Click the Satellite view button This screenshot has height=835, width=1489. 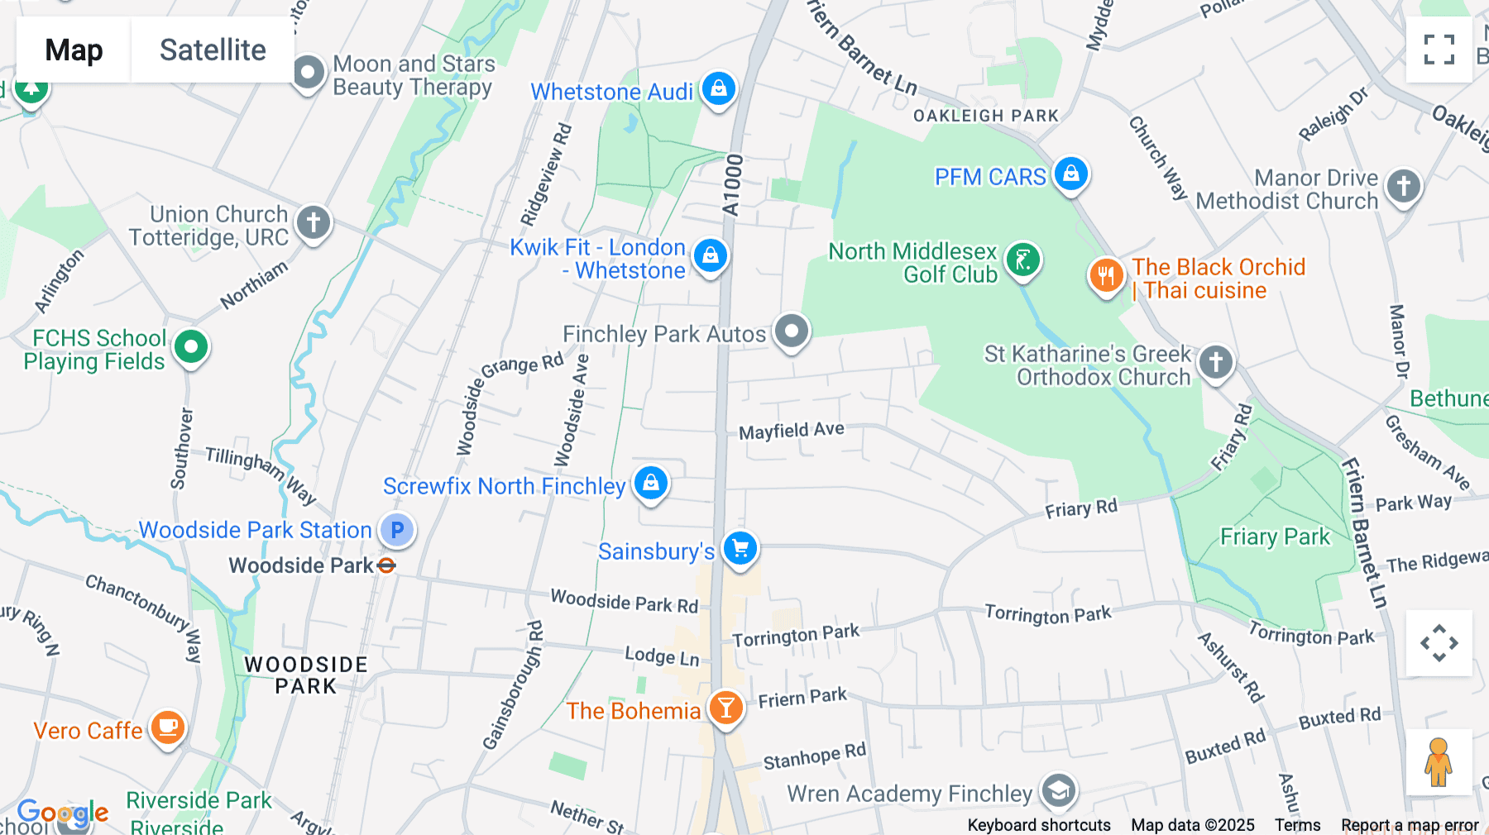pos(213,50)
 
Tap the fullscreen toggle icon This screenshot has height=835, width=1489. pos(1439,50)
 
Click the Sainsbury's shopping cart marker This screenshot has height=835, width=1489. pos(740,548)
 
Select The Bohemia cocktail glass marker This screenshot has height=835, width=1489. pos(725,709)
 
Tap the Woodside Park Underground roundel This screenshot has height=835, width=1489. pos(386,565)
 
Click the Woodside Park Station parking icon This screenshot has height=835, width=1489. pos(397,530)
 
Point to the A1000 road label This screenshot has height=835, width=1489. pos(732,186)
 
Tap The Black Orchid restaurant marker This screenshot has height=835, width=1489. pos(1106,275)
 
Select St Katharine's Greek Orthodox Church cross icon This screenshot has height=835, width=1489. pos(1215,362)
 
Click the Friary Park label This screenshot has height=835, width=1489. pos(1275,537)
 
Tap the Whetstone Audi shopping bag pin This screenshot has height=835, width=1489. pos(719,88)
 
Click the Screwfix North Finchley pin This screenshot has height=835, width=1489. pos(651,483)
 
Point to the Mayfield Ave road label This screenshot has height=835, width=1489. pos(791,431)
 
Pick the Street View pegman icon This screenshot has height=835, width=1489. pos(1439,762)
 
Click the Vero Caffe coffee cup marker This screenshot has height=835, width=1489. pos(168,728)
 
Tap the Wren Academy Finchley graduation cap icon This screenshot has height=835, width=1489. pos(1059,791)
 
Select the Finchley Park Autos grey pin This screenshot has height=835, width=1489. pos(792,332)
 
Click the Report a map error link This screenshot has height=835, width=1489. pos(1410,825)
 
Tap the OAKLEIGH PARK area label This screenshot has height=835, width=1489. pos(985,116)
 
